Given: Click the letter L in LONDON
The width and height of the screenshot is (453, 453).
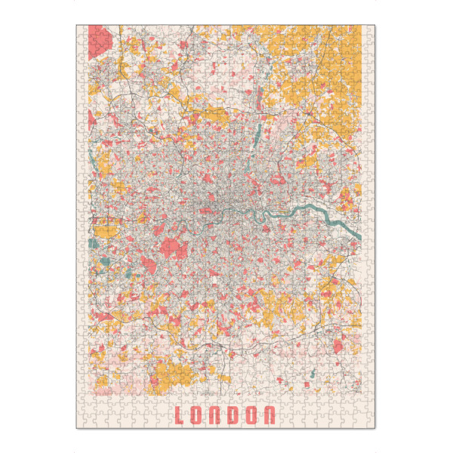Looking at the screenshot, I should point(180,415).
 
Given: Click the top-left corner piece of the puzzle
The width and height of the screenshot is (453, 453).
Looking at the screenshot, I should point(81,30).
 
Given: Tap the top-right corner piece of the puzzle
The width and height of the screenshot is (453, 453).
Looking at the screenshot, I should point(370,30).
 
